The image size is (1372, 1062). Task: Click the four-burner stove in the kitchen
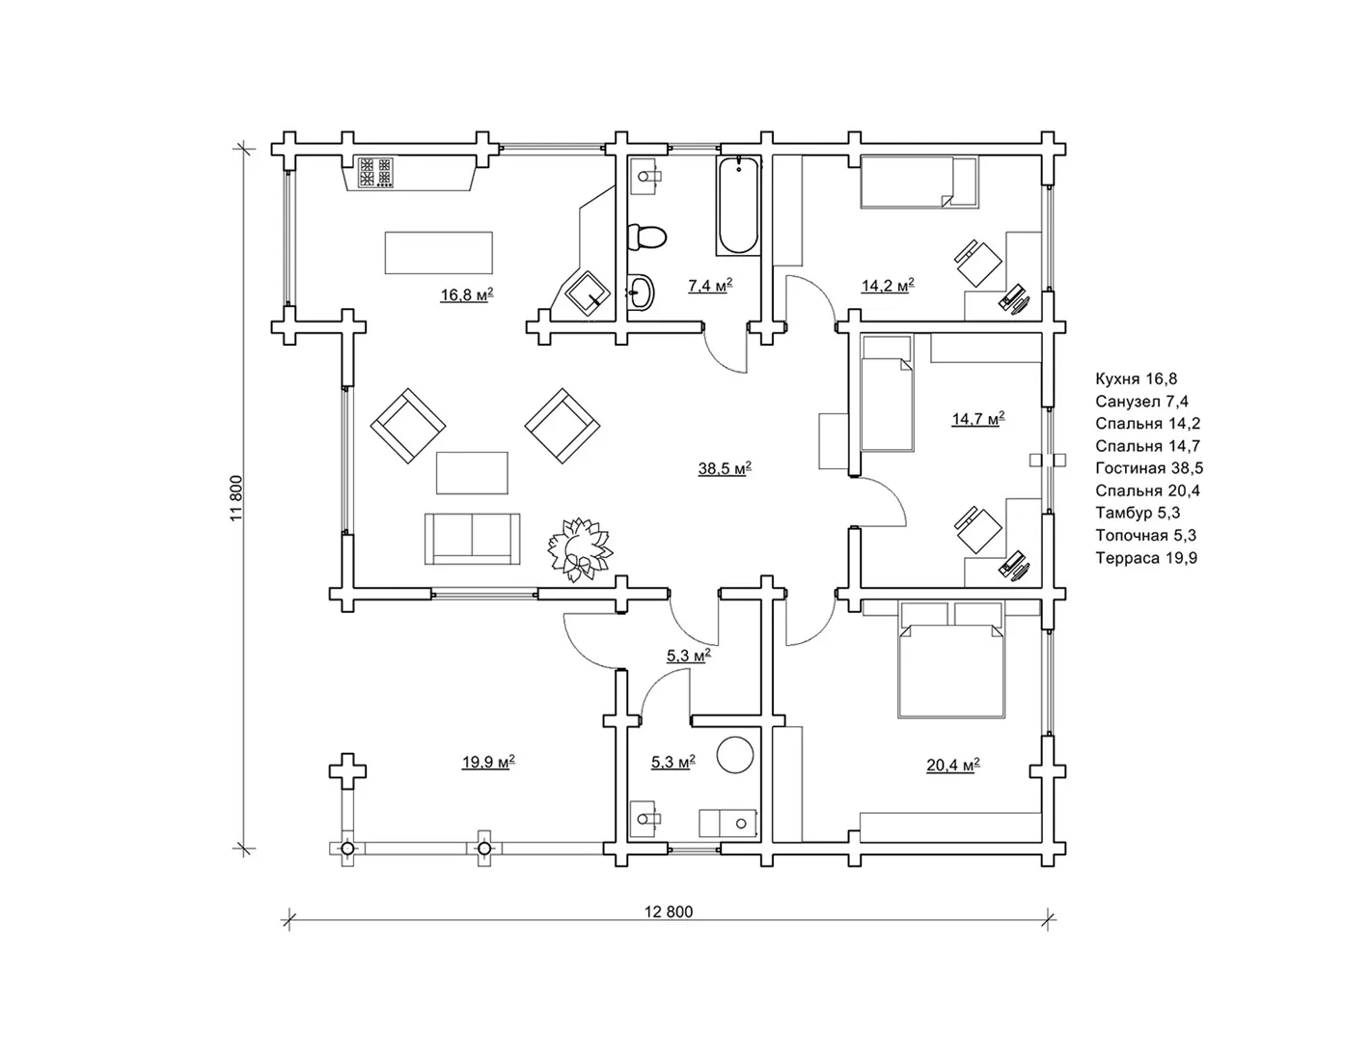375,173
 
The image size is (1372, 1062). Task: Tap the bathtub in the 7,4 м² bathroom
737,206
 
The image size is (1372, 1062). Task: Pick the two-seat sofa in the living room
472,539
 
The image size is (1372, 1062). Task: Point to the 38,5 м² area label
725,468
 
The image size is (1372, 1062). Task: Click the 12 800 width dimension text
668,911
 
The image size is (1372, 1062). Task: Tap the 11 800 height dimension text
236,498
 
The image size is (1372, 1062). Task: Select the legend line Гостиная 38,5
1149,468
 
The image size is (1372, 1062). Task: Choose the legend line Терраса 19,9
1146,558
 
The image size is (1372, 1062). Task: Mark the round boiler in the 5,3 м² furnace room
735,754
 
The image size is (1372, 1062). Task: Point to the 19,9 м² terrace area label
488,762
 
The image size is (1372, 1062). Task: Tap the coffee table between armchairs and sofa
472,472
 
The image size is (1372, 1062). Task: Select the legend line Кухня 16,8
1136,378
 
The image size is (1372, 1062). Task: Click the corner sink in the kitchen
588,293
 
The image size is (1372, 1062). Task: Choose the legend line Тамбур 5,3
1138,513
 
